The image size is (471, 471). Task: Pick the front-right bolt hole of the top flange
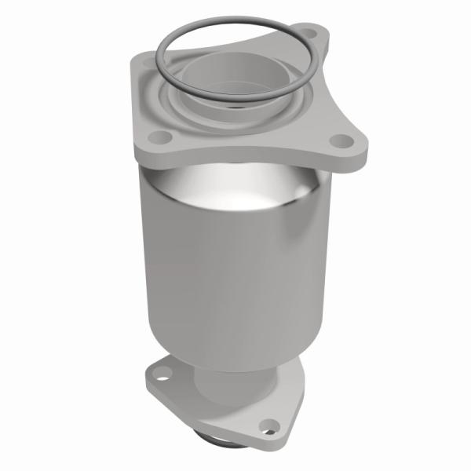tap(341, 141)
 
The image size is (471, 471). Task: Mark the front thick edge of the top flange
tap(235, 160)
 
